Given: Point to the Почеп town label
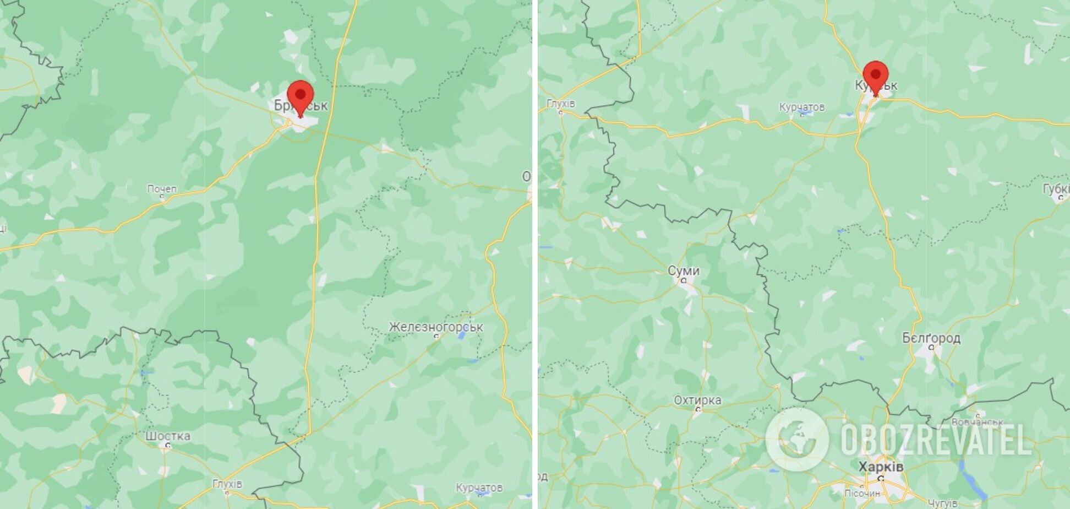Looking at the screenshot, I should point(162,189).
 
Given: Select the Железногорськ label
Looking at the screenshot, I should point(435,327).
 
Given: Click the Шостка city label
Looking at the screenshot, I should point(168,436).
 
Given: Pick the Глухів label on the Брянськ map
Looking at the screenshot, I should point(227,484).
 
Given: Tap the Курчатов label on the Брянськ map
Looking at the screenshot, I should point(479,488).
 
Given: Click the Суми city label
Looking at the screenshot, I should point(683,270).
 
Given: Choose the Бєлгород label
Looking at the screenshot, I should point(931,338).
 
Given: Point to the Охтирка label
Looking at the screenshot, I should point(697,400).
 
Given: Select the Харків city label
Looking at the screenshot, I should point(881,467).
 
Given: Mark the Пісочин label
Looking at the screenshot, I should point(862,493).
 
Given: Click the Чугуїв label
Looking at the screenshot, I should point(942,503).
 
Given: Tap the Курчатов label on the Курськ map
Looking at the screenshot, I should point(801,107).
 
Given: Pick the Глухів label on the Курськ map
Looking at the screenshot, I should point(560,104).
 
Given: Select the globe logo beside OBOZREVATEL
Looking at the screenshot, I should point(797,440).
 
